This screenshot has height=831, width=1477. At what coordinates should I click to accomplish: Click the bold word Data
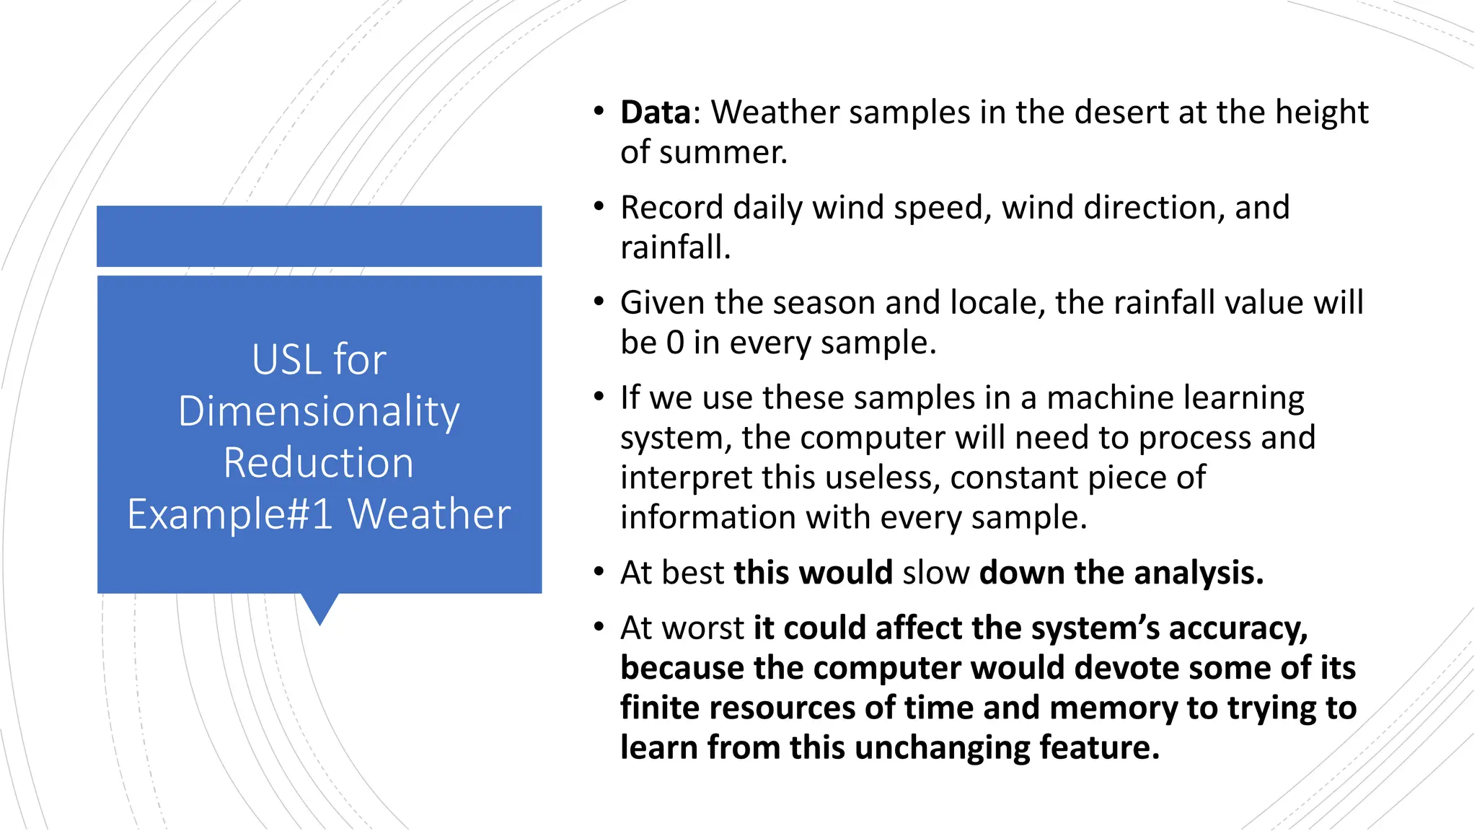click(x=656, y=113)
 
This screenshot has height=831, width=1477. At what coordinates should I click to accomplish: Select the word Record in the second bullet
click(x=671, y=208)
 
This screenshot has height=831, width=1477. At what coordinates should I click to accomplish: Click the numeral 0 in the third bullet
click(x=675, y=343)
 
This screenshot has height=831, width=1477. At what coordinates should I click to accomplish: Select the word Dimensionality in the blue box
click(x=319, y=412)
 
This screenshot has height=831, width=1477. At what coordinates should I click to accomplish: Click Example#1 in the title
click(x=230, y=515)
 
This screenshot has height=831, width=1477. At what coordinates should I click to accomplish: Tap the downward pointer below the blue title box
click(x=319, y=608)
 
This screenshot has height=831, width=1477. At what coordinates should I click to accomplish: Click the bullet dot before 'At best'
click(x=599, y=572)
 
